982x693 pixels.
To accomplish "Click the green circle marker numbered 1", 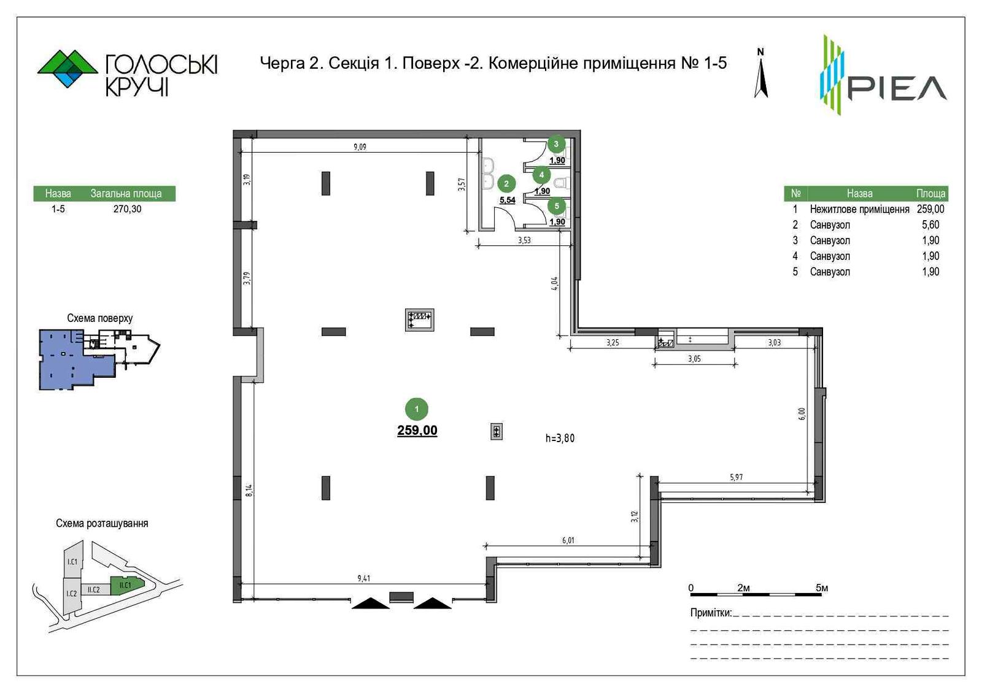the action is point(417,408).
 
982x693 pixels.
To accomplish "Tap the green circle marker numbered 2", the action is point(506,183).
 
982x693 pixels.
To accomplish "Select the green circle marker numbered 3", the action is point(556,144).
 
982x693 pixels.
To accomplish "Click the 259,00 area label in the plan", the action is point(417,431).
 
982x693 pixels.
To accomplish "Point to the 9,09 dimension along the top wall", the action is point(360,147).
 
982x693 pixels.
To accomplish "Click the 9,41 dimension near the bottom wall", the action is point(363,578).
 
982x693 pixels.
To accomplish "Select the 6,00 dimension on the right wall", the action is point(802,414).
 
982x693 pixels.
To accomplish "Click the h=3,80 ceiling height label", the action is point(560,438).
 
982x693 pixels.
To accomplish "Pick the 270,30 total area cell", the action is point(127,209).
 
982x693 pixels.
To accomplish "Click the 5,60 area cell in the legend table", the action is point(930,224).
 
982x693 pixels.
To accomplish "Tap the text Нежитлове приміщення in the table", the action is point(859,209).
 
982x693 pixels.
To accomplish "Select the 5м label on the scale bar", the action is point(822,588).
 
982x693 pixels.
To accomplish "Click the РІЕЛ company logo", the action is point(883,74).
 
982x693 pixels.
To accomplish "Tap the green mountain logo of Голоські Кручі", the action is point(68,69).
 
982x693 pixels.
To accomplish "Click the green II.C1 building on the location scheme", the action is point(126,586).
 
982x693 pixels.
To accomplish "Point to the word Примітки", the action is point(711,613).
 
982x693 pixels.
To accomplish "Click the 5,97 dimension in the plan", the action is point(736,477).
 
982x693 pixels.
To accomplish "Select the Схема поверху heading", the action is point(99,318).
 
